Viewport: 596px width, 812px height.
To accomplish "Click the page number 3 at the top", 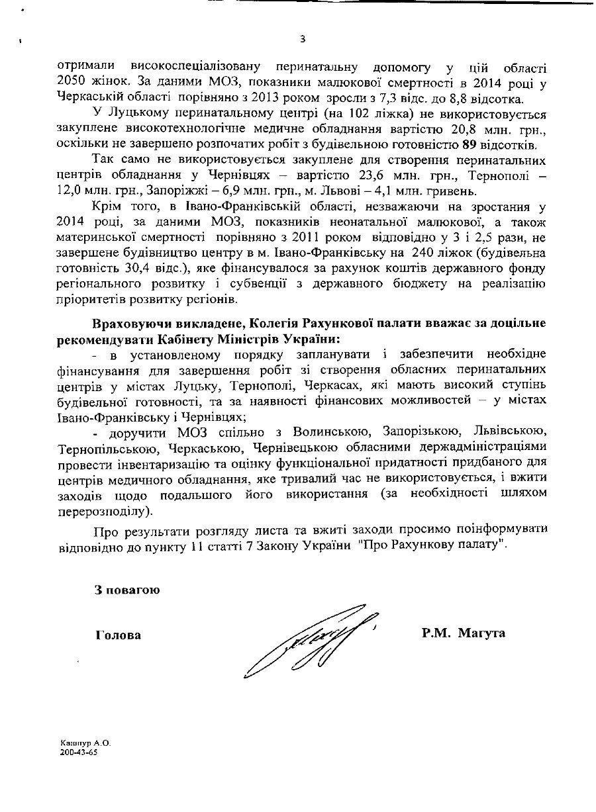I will tap(303, 39).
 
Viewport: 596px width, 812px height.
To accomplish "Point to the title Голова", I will tap(119, 634).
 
